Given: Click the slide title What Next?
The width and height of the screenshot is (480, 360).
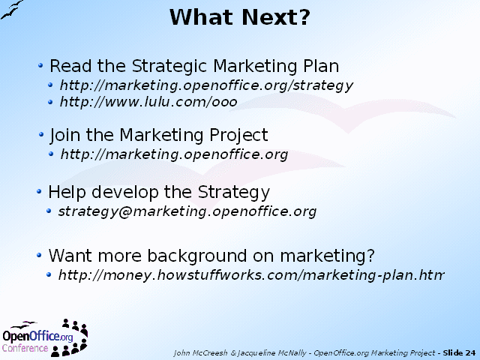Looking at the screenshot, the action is [x=240, y=17].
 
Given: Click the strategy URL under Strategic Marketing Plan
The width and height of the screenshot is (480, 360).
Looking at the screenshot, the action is [x=207, y=85].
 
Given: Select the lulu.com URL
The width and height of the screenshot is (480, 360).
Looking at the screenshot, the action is [x=148, y=102].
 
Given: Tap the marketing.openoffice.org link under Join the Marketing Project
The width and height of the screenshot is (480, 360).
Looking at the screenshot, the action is [x=174, y=154].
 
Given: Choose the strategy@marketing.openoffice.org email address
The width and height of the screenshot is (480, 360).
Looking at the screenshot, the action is [x=187, y=211].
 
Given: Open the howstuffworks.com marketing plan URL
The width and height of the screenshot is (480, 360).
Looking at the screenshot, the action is [x=251, y=275].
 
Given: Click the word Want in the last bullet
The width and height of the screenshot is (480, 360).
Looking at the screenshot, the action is [x=70, y=255].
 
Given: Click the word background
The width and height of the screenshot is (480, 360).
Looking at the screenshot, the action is [x=197, y=256].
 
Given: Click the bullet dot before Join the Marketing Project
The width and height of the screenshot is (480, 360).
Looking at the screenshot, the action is [x=41, y=134].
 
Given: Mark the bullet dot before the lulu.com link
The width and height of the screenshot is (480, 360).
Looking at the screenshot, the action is [x=50, y=102].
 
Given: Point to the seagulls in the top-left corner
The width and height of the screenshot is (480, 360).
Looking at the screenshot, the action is [x=12, y=10].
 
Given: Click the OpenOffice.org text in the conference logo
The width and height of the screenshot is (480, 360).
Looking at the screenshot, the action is [x=38, y=336].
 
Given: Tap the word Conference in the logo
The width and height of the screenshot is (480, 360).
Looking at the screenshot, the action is [x=25, y=348].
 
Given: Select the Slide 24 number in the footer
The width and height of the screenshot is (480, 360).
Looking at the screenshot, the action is [x=459, y=353].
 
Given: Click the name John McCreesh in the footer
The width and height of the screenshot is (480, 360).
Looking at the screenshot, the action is [x=200, y=353].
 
